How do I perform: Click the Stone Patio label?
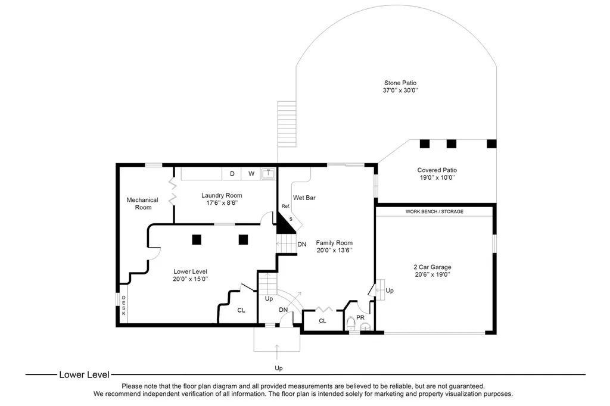pos(400,83)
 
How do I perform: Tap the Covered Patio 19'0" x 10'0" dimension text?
pos(437,178)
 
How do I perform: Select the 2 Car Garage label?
pos(432,267)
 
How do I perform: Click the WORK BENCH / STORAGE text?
pos(434,211)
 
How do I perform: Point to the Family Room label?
pos(334,243)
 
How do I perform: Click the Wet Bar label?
pos(304,198)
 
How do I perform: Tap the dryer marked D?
pos(232,174)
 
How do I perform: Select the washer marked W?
pos(251,174)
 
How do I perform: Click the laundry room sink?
pos(268,173)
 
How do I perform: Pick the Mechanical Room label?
pos(142,204)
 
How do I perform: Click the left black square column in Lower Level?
pos(197,239)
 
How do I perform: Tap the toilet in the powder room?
pos(351,323)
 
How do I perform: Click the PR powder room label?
pos(360,318)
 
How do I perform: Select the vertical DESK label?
pos(124,305)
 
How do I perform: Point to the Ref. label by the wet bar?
pos(286,206)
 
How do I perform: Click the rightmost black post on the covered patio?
pos(491,144)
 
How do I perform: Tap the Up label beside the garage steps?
pos(390,291)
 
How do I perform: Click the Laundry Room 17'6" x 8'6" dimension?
pos(222,203)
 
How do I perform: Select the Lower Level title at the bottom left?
pos(84,374)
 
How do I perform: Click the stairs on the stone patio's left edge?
pos(287,124)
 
